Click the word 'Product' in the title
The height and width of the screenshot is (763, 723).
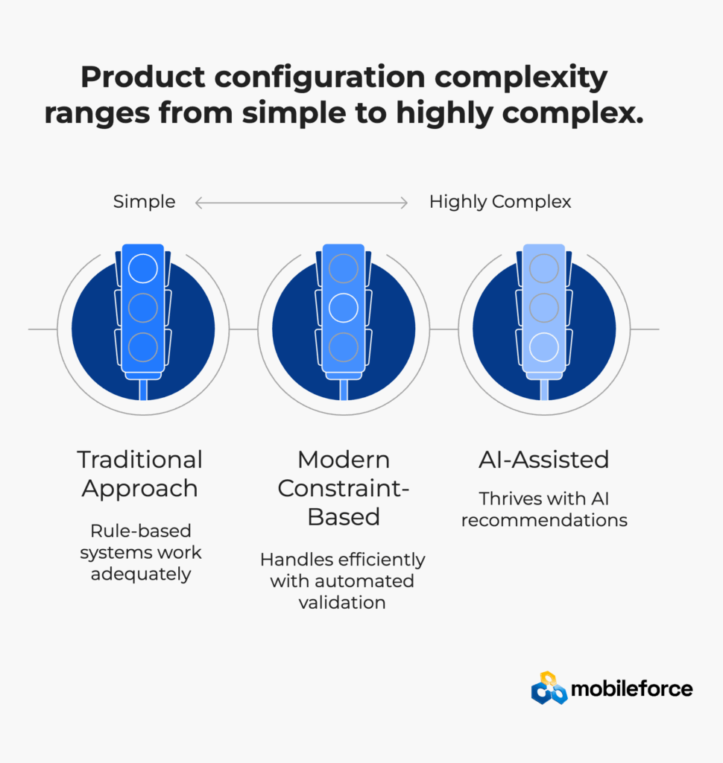point(143,77)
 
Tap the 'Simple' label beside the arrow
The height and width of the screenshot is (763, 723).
point(144,202)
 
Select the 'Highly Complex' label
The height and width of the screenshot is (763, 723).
point(500,202)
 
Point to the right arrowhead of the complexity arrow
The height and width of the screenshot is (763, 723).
point(404,203)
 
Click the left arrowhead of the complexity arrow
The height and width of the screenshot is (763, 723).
point(199,203)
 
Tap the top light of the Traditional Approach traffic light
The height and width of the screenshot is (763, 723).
point(143,268)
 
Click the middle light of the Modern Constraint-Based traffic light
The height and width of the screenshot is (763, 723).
point(344,308)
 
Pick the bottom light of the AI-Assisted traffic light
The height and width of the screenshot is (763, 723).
point(544,347)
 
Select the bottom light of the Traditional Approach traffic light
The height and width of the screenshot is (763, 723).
point(143,347)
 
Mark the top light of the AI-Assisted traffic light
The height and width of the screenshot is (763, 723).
point(544,268)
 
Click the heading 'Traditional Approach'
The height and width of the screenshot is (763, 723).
point(139,474)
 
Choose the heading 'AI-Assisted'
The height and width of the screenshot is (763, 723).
point(544,460)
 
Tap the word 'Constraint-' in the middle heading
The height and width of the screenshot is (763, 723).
point(344,488)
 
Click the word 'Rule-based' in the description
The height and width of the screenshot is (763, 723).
point(141,531)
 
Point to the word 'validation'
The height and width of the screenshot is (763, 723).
point(342,602)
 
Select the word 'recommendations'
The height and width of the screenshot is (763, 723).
point(544,520)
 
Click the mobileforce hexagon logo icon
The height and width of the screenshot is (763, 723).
point(549,688)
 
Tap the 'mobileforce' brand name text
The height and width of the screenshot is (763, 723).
point(631,689)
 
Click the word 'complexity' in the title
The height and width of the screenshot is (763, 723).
point(521,77)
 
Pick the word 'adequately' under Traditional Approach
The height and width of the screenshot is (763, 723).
point(141,574)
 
